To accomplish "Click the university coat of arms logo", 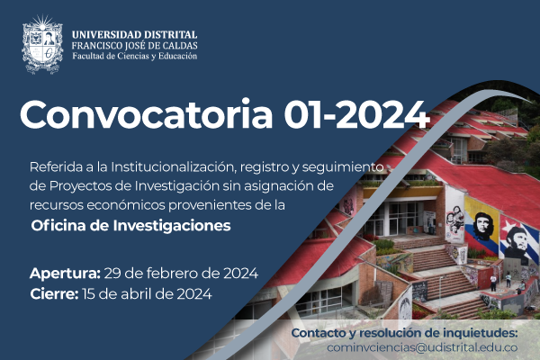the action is (42, 44).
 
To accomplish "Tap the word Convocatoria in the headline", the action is (147, 114).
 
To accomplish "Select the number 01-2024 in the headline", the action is (356, 114).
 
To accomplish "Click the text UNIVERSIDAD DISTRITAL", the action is (135, 35).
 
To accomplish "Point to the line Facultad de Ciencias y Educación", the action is (135, 56).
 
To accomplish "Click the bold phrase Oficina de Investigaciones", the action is (130, 226).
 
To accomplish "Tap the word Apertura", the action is (65, 274).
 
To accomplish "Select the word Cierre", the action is (54, 294).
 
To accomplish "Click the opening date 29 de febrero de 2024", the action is (181, 274).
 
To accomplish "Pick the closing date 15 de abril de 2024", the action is (147, 294).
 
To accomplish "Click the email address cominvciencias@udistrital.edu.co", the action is (422, 347).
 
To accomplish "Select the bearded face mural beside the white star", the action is (516, 243).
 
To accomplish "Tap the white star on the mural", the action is (507, 226).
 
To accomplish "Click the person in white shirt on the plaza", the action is (493, 283).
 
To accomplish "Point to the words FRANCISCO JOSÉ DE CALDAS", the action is (135, 46).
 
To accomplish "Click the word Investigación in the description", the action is (176, 186).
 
